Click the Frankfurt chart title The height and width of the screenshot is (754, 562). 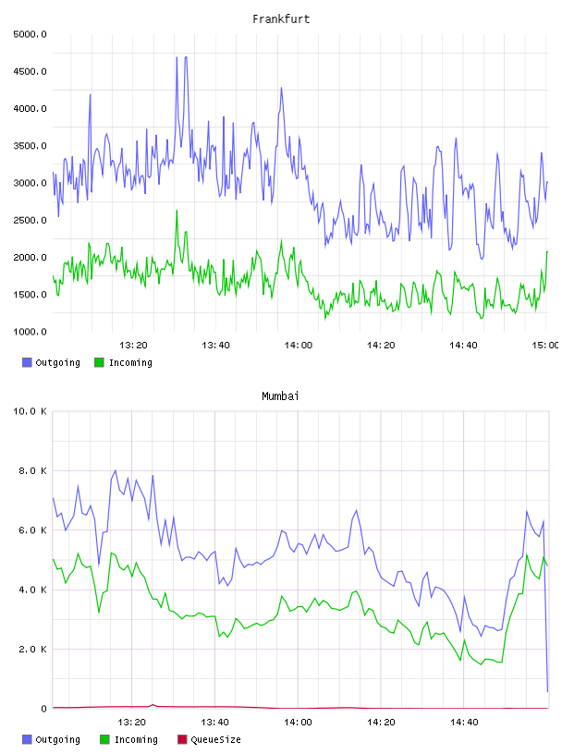click(281, 19)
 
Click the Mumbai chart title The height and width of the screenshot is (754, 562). click(280, 396)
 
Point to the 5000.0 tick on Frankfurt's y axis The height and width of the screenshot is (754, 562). click(30, 34)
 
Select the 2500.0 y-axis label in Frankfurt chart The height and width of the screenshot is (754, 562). click(30, 220)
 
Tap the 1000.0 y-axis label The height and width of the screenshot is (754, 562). click(30, 332)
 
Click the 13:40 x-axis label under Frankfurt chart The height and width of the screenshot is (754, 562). click(215, 346)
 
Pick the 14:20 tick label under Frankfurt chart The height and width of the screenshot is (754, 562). click(381, 346)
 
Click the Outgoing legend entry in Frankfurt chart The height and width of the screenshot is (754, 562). click(52, 362)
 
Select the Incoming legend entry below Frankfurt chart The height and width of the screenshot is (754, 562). click(124, 362)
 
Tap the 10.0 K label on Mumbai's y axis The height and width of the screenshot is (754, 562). click(30, 411)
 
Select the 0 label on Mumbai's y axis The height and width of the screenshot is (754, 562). click(43, 709)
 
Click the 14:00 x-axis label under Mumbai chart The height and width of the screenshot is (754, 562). click(298, 723)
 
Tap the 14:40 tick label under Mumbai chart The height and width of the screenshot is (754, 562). click(464, 723)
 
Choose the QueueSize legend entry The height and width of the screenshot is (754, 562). click(209, 739)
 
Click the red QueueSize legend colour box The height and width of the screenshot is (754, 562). click(182, 739)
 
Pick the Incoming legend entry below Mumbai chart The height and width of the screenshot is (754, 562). click(129, 739)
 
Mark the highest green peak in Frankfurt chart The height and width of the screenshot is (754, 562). click(177, 211)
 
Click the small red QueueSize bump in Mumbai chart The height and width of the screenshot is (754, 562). click(153, 705)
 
